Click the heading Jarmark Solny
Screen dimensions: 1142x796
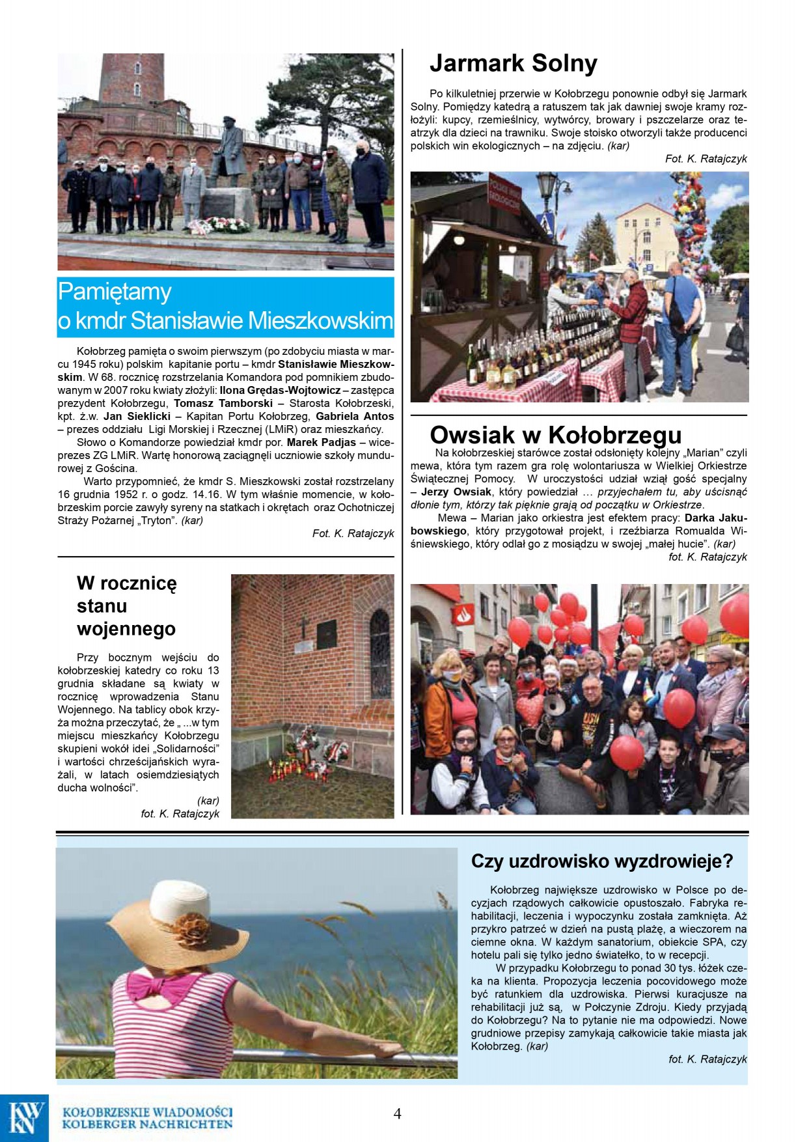coord(513,64)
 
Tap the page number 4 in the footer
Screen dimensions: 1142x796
coord(397,1113)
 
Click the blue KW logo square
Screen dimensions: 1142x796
coord(25,1118)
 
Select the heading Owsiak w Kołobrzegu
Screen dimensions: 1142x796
coord(555,434)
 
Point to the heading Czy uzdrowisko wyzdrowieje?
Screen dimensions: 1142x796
coord(601,861)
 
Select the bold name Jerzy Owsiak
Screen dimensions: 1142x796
coord(456,492)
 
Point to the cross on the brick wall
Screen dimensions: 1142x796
coord(303,628)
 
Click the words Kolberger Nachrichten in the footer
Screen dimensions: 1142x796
coord(147,1124)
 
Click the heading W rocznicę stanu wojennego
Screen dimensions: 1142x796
coord(127,606)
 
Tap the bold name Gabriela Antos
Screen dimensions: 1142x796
coord(355,416)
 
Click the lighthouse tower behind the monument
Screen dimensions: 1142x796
coord(132,78)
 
